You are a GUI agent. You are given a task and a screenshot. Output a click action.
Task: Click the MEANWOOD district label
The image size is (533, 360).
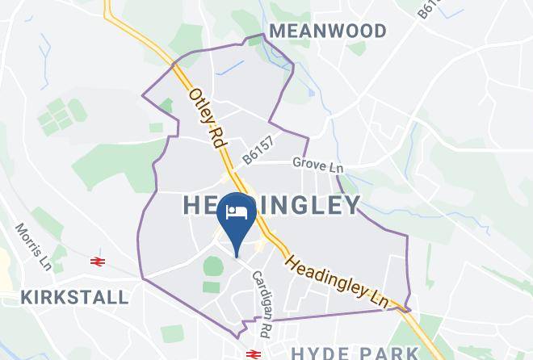click(x=327, y=31)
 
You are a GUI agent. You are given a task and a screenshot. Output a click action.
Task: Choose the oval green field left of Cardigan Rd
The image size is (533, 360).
click(x=212, y=266)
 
